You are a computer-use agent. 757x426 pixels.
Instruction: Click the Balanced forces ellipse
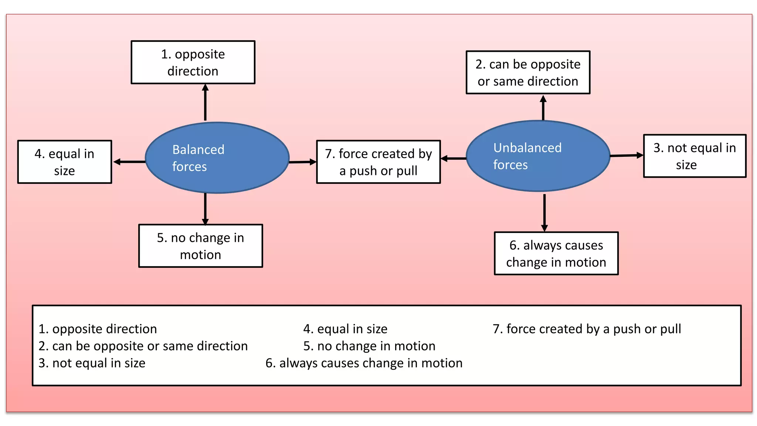click(217, 158)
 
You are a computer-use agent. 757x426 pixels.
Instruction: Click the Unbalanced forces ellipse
click(538, 156)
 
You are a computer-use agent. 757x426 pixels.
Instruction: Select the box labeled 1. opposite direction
click(193, 62)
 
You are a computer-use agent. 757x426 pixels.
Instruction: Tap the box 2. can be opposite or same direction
click(528, 72)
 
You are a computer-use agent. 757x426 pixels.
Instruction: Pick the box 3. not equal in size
click(695, 156)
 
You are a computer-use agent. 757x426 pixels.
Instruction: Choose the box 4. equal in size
click(65, 162)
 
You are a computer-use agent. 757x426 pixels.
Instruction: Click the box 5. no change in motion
click(201, 246)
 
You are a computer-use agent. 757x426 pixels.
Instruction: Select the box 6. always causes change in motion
click(556, 253)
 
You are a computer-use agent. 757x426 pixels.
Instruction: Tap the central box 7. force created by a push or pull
click(378, 162)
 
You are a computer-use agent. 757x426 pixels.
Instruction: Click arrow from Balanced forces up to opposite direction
click(205, 102)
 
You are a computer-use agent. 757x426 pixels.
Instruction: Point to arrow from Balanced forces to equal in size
click(129, 162)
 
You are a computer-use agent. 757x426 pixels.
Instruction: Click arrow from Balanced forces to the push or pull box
click(302, 162)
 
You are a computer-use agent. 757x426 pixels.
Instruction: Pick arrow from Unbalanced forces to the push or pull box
click(454, 158)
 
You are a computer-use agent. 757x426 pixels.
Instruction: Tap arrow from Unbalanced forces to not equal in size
click(627, 156)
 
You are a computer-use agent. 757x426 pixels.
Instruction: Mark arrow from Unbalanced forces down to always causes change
click(544, 212)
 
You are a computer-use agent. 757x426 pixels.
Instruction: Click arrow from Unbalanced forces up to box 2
click(543, 108)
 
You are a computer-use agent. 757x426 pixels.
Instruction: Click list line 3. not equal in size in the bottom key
click(92, 363)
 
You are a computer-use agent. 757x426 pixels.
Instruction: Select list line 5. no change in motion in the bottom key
click(369, 346)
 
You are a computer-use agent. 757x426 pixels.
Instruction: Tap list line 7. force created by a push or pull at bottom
click(587, 329)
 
